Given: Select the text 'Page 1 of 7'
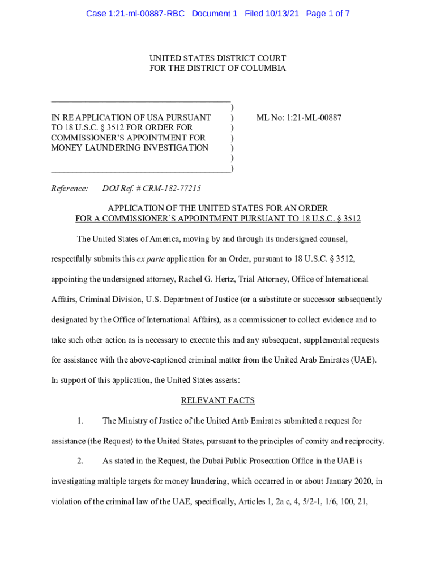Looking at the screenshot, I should pos(328,13).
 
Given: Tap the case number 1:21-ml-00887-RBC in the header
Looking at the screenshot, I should pos(135,13).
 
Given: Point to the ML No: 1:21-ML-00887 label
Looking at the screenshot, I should pos(299,118).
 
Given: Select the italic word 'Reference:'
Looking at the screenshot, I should pos(70,189).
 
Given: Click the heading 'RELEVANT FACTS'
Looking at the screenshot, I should pos(218,400).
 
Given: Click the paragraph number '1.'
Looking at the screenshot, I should pos(80,421).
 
